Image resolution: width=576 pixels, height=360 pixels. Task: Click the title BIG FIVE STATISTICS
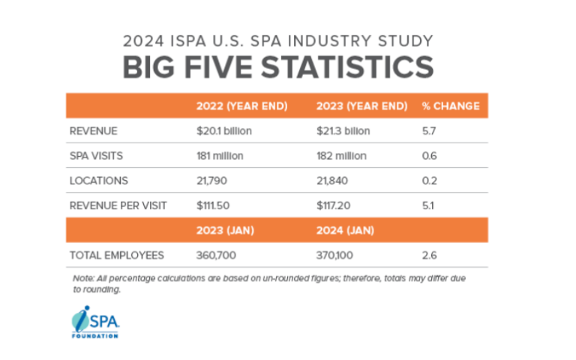(x=277, y=67)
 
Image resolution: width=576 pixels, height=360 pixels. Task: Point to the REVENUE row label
(x=94, y=131)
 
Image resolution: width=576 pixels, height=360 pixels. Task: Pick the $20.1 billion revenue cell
(x=223, y=131)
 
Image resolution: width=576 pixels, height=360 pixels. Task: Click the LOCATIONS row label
(x=99, y=181)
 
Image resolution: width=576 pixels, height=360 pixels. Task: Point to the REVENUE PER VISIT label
(x=118, y=205)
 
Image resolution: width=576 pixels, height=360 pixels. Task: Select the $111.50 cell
(x=214, y=205)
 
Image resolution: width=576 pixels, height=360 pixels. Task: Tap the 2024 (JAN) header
(x=343, y=230)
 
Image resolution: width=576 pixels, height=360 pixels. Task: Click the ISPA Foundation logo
(x=97, y=321)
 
